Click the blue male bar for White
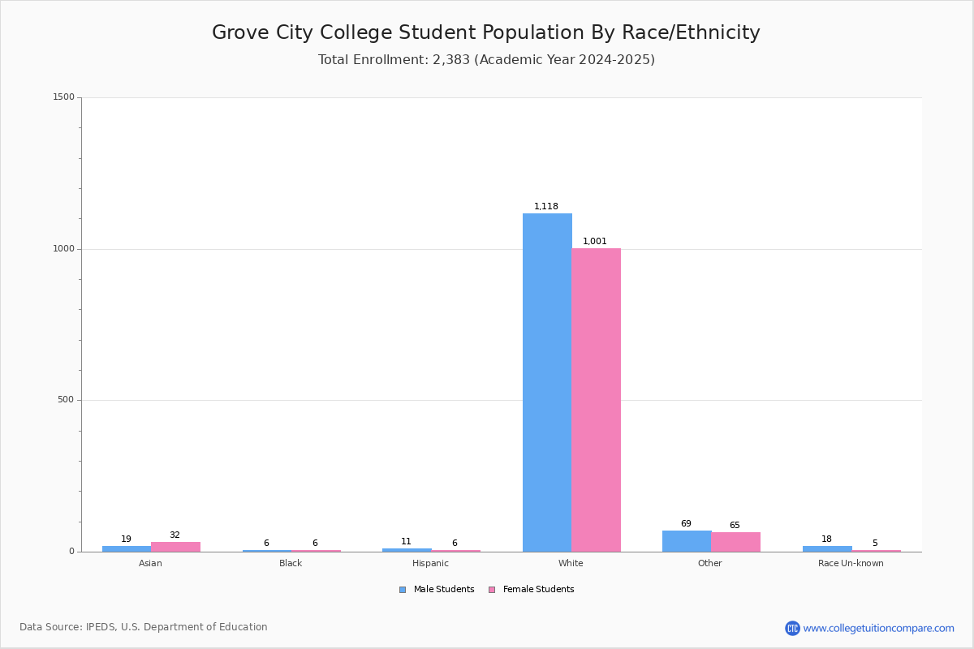(547, 383)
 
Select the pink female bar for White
(596, 400)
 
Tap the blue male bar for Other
(687, 541)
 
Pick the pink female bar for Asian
(175, 547)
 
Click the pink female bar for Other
(736, 542)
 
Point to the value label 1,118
(546, 206)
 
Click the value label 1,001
(595, 241)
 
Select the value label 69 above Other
(686, 523)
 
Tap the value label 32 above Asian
(175, 535)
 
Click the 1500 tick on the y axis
(64, 97)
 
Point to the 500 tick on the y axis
(66, 399)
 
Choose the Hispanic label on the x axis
(430, 563)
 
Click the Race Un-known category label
(851, 563)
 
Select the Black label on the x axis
(291, 563)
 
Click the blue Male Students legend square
(403, 590)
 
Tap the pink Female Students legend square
(492, 590)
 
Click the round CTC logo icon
(792, 628)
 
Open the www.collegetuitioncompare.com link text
(879, 628)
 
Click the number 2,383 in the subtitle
(451, 59)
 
